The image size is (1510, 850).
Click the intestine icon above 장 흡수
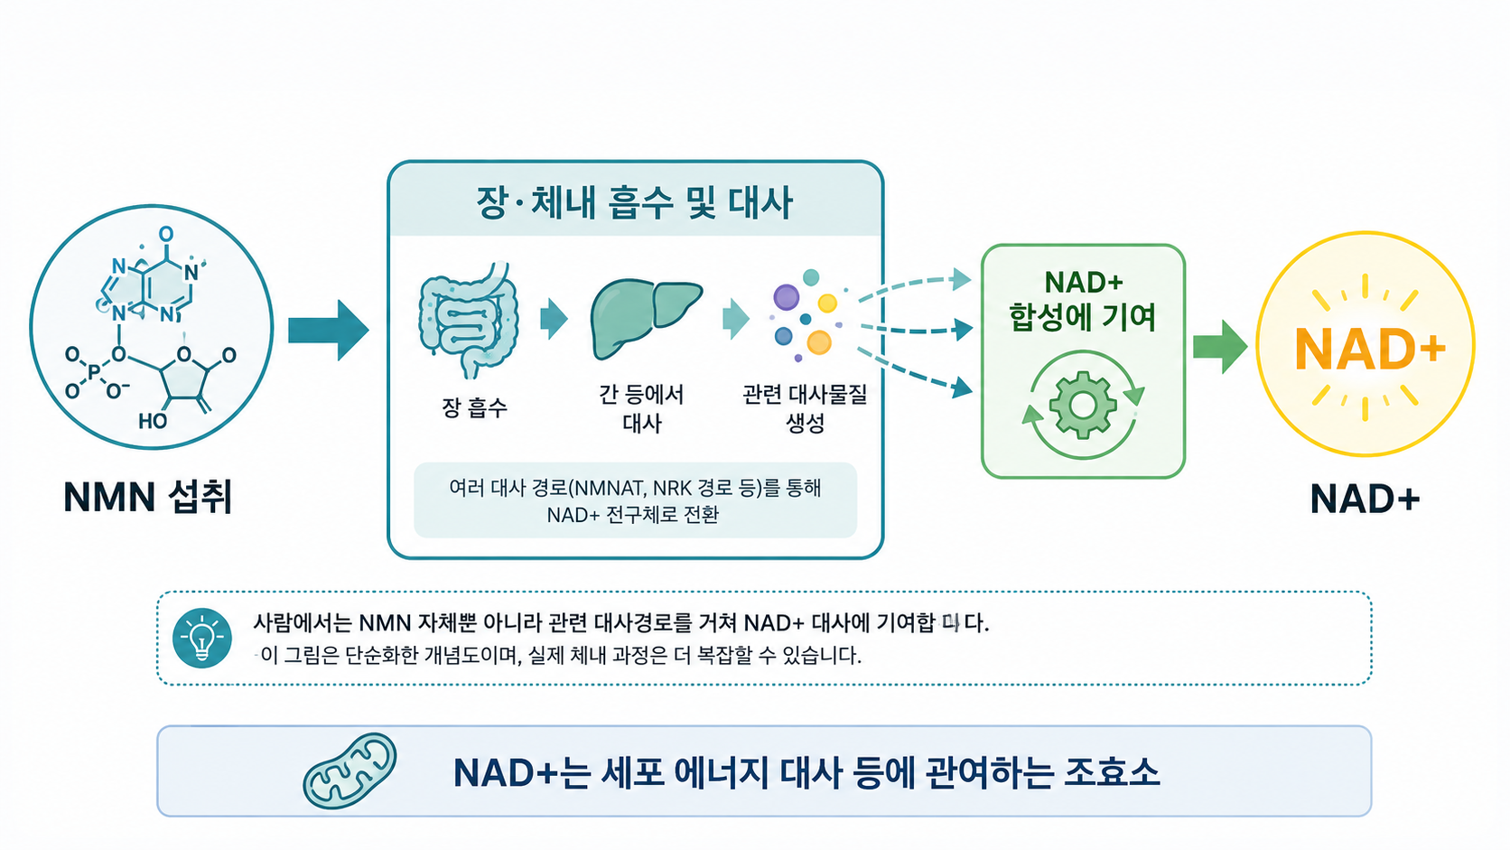click(x=470, y=320)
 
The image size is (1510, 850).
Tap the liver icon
click(x=646, y=318)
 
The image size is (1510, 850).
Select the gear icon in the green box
click(x=1083, y=405)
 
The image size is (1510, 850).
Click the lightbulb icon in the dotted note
click(x=201, y=639)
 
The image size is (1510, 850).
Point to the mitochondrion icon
click(x=350, y=771)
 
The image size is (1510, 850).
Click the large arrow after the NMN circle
click(x=329, y=331)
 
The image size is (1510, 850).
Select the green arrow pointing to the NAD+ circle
click(x=1220, y=347)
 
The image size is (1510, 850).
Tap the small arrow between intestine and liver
click(x=555, y=318)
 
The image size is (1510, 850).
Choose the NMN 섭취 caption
click(x=147, y=498)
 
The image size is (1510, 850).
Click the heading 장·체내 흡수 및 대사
click(x=634, y=203)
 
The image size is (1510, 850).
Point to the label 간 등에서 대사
click(x=641, y=408)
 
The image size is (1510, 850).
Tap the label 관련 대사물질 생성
click(x=805, y=408)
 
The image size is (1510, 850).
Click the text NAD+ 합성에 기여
click(x=1083, y=301)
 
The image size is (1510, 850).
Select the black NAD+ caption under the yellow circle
click(x=1366, y=499)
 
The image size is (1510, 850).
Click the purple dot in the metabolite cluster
click(x=786, y=296)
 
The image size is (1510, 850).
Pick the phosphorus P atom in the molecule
click(x=94, y=370)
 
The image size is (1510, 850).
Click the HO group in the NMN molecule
click(x=153, y=421)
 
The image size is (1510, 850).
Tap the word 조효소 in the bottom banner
click(x=1113, y=772)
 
